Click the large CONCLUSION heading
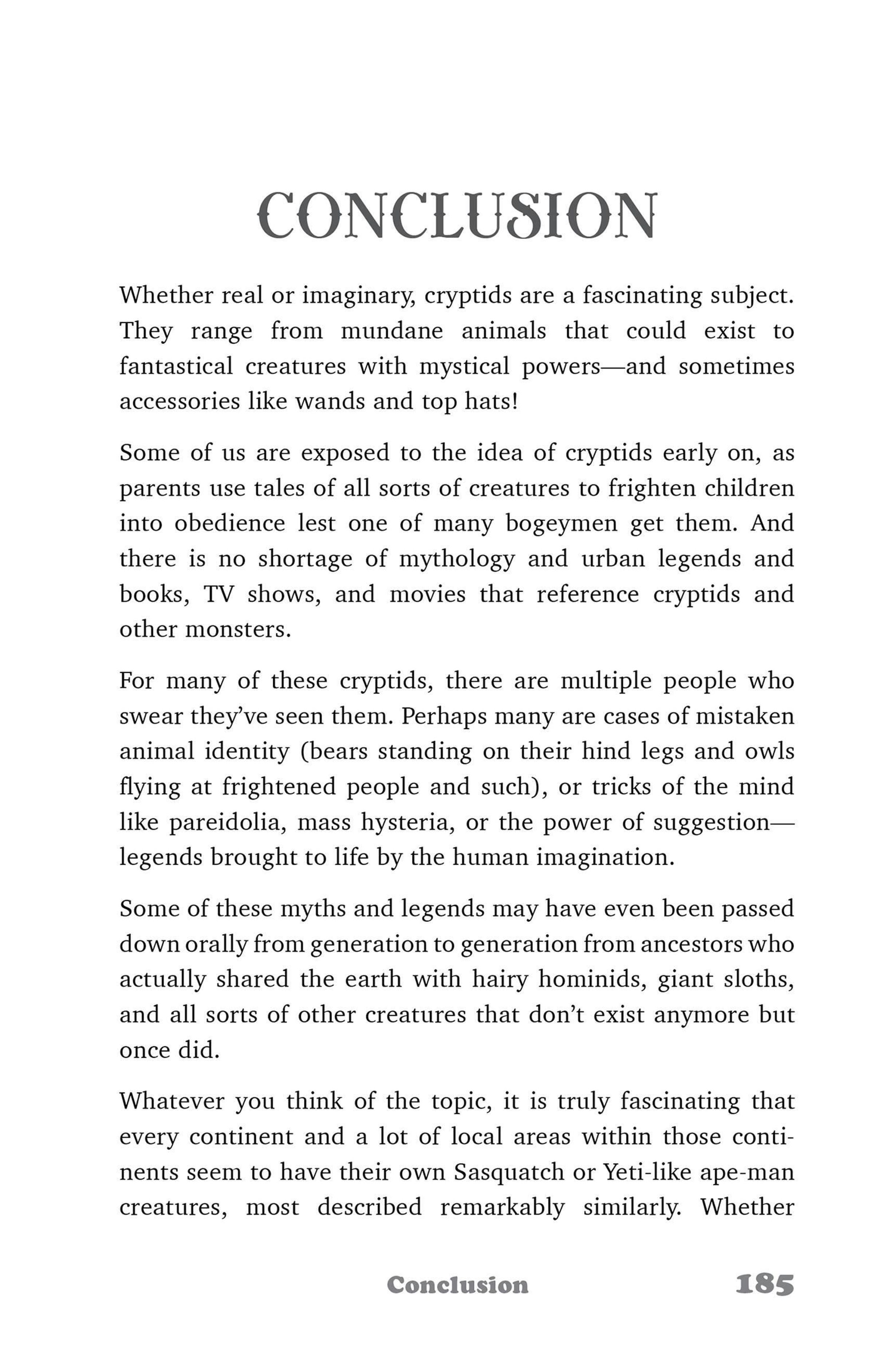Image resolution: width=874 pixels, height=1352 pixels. click(457, 216)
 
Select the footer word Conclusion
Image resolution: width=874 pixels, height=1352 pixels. click(457, 1285)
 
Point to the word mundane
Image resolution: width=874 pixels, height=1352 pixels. click(391, 331)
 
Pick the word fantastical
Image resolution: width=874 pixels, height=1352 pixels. click(176, 366)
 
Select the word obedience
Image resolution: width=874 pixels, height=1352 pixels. click(229, 523)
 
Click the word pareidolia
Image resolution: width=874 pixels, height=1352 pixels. click(227, 823)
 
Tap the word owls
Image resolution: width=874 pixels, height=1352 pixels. click(769, 752)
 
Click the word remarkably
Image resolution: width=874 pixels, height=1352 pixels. click(502, 1208)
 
